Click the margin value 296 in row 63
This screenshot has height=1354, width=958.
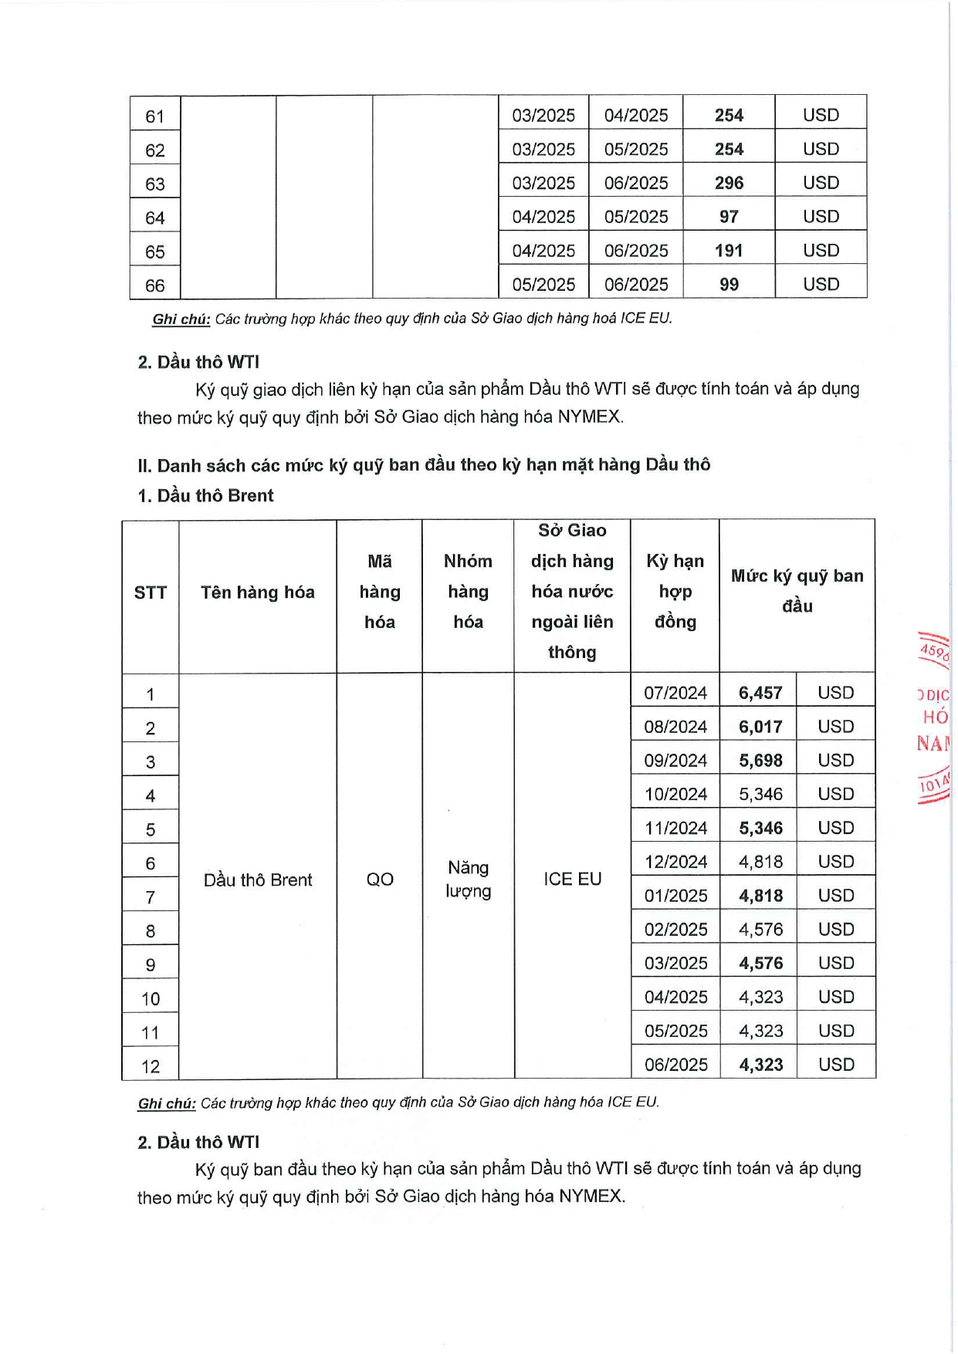point(728,183)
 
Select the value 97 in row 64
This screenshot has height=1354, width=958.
point(728,217)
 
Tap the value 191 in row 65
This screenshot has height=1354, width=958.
point(728,251)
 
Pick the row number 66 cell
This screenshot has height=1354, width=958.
point(154,285)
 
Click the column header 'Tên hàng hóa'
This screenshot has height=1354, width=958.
point(257,593)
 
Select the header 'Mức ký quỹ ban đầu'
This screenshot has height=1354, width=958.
point(797,591)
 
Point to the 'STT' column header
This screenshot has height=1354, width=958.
point(150,593)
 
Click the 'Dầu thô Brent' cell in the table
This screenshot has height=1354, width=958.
point(257,880)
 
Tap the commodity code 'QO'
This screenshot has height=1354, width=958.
point(379,880)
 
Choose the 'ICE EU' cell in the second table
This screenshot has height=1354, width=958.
point(572,880)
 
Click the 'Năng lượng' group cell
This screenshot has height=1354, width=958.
point(468,880)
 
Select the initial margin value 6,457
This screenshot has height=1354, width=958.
point(760,693)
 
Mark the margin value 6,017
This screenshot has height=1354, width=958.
point(760,727)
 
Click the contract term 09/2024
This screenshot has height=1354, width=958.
point(675,761)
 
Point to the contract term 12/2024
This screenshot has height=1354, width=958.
point(675,862)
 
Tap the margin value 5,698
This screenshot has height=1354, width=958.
point(760,761)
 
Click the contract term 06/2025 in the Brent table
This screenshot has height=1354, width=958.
point(675,1065)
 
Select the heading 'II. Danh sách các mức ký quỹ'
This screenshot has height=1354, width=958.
point(423,465)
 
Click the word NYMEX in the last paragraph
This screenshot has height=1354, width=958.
point(591,1197)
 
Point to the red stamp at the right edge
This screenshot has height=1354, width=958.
point(933,718)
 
